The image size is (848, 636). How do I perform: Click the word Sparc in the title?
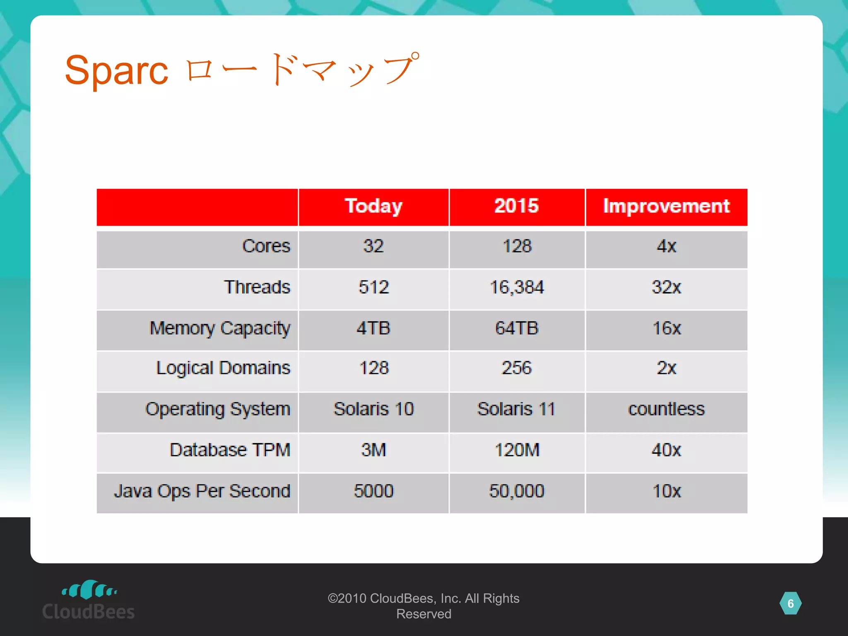(116, 70)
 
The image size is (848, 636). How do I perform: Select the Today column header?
(373, 206)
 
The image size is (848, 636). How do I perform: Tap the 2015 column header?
(516, 206)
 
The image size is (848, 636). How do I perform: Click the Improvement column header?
(666, 206)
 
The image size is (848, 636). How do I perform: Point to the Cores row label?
(266, 246)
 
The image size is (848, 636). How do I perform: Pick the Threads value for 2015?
(516, 287)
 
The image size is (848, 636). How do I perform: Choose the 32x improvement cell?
(666, 287)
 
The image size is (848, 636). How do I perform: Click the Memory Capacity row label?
(219, 328)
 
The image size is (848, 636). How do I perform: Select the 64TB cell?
(516, 328)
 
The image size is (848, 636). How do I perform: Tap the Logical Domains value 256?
(516, 368)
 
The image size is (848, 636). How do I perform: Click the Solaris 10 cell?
(373, 409)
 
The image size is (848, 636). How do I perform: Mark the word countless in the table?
(666, 409)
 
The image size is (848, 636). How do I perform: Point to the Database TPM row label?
(230, 450)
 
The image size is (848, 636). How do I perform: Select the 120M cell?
(516, 450)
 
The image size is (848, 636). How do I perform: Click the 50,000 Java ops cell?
(516, 491)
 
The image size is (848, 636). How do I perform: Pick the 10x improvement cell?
(666, 491)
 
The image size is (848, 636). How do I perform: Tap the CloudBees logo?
(89, 600)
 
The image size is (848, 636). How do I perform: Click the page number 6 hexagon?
(790, 604)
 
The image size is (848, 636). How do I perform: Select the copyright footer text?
(423, 606)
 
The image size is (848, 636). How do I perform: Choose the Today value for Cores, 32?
(373, 246)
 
